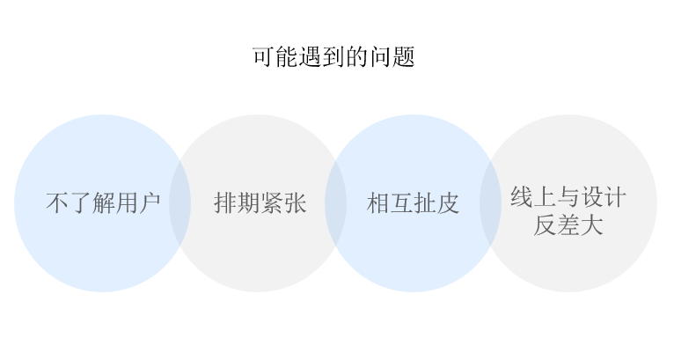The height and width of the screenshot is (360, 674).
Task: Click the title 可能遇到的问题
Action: tap(333, 57)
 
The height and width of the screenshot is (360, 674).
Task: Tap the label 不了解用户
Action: tap(103, 203)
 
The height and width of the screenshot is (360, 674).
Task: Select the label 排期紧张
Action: tap(260, 203)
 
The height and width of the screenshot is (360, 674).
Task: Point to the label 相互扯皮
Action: tap(413, 203)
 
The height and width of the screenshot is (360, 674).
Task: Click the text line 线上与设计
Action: tap(568, 197)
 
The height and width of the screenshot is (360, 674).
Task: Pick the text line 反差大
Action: tap(568, 225)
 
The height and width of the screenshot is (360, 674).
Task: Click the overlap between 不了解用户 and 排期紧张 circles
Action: tap(180, 203)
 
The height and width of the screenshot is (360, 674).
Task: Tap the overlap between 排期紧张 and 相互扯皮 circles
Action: tap(336, 203)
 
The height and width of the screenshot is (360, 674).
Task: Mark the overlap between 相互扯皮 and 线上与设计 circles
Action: tap(490, 203)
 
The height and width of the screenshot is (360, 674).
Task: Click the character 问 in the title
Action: tap(380, 57)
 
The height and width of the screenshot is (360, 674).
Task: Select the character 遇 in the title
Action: tap(310, 57)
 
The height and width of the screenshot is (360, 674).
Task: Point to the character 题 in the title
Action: tap(404, 57)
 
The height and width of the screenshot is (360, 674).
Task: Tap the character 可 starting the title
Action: tap(263, 57)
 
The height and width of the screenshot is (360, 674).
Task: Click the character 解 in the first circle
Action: tap(103, 203)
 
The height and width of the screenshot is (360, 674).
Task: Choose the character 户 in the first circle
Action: tap(150, 203)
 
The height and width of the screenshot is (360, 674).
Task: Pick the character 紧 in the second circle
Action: tap(272, 203)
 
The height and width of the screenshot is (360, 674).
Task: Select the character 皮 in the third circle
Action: tap(448, 203)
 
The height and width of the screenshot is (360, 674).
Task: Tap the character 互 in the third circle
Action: tap(401, 203)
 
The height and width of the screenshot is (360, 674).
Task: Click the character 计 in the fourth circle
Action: tap(615, 197)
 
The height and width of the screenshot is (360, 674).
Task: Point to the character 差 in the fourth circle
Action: tap(568, 225)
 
